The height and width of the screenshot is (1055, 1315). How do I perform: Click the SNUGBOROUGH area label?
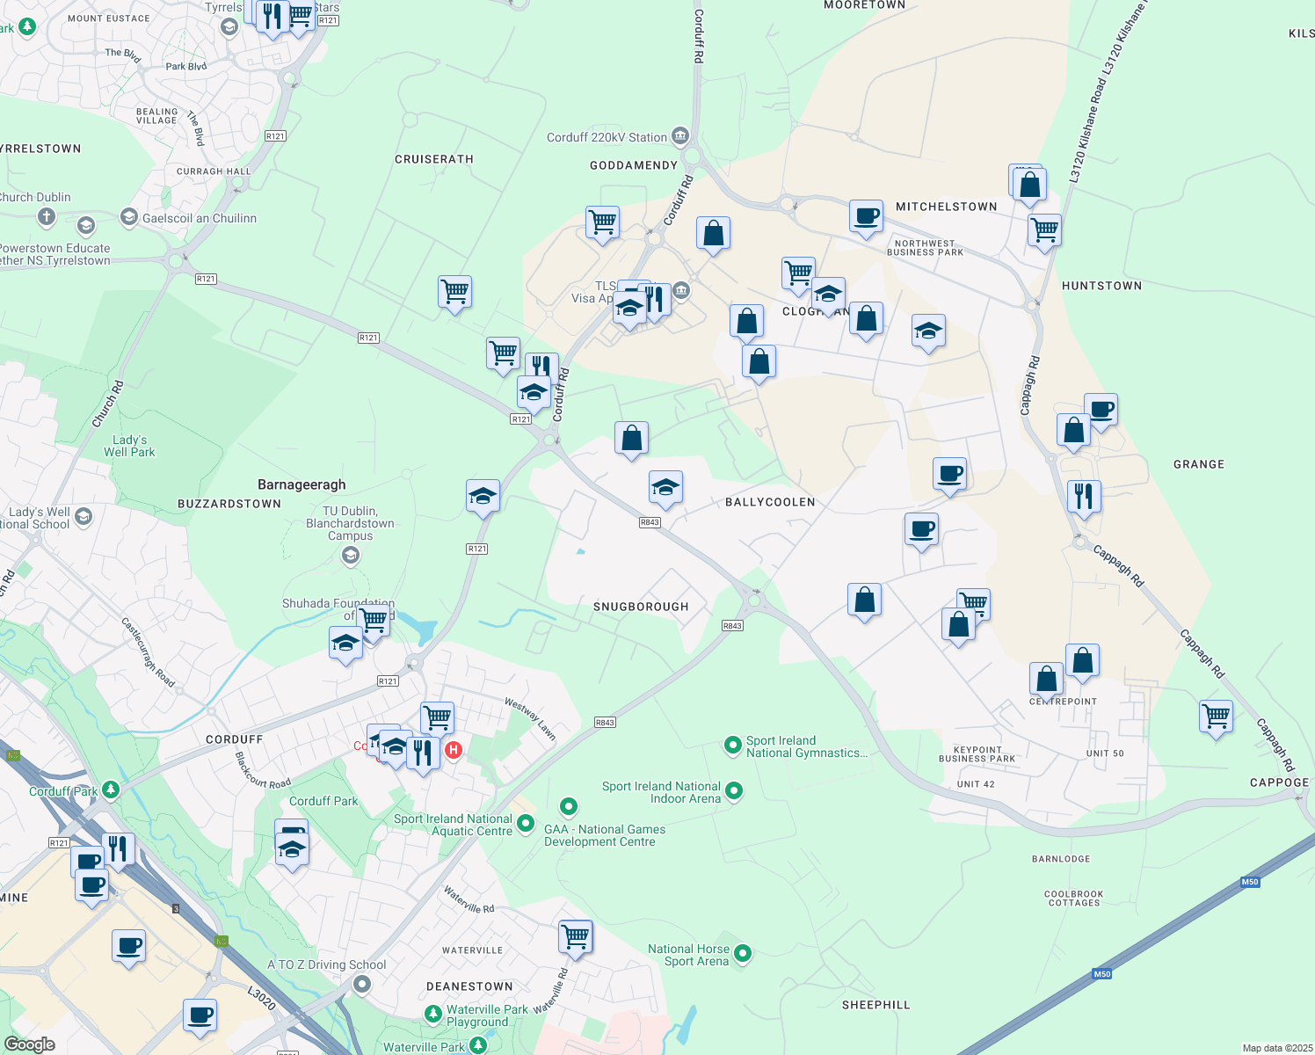pos(640,607)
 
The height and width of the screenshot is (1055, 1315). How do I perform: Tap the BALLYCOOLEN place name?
pos(770,502)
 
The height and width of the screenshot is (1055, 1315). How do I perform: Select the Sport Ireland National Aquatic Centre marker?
pos(526,823)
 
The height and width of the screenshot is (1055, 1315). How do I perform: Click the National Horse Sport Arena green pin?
pos(743,953)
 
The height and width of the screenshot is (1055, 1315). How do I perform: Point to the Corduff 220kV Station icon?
pos(680,136)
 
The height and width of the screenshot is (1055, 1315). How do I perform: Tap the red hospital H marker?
pos(454,750)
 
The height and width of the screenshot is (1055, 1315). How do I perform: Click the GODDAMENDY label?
pos(634,165)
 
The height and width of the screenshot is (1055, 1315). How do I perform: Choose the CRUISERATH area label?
pos(434,159)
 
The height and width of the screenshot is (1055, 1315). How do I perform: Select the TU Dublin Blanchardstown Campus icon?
pos(351,555)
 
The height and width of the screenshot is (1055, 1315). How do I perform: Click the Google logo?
pos(29,1044)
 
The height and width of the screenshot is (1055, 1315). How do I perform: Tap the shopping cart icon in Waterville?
pos(576,937)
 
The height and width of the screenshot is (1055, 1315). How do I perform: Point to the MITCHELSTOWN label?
pos(946,207)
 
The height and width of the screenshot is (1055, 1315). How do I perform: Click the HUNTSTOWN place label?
pos(1101,286)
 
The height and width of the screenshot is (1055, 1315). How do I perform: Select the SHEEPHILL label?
pos(875,1005)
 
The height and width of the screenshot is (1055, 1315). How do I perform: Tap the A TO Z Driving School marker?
pos(362,986)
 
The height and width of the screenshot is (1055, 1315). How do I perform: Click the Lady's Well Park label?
pos(129,446)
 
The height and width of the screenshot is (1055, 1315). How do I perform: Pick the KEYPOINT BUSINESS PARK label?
pos(977,754)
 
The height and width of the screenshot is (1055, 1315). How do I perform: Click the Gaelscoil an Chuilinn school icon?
pos(129,217)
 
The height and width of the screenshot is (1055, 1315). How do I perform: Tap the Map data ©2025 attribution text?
pos(1276,1048)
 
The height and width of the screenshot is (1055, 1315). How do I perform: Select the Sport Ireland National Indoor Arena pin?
pos(734,791)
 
